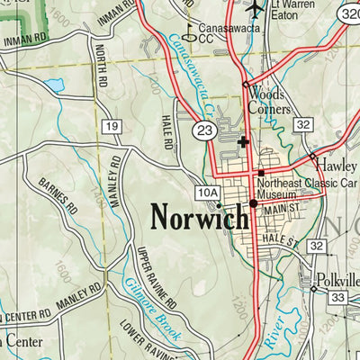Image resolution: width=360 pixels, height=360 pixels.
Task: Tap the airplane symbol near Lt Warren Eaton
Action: click(x=256, y=8)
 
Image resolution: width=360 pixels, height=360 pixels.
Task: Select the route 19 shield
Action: click(x=112, y=127)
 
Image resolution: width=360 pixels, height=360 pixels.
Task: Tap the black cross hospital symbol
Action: click(x=242, y=141)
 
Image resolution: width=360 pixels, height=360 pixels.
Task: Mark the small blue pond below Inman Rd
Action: click(x=55, y=85)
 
